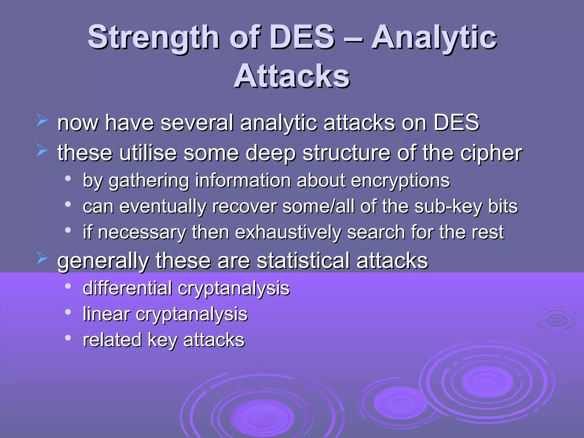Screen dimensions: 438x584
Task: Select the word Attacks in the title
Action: click(292, 76)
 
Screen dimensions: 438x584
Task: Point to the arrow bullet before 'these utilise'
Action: click(42, 150)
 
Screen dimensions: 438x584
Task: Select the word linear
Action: click(106, 314)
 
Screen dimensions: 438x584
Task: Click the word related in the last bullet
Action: click(112, 340)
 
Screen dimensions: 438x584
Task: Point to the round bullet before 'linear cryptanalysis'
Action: click(68, 312)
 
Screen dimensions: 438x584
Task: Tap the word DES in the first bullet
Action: click(456, 123)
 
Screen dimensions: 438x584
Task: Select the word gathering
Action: click(149, 181)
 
